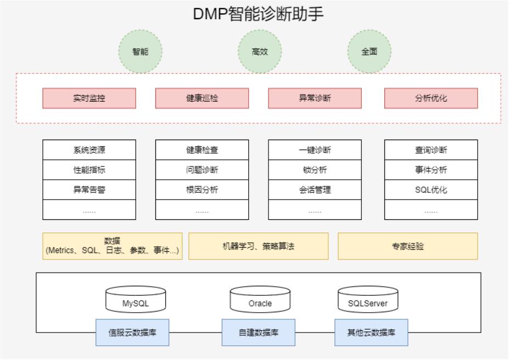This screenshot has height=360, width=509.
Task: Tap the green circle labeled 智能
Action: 141,52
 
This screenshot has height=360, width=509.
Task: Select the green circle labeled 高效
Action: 260,52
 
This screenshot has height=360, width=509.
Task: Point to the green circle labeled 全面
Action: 369,52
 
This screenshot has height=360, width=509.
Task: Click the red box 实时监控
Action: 89,98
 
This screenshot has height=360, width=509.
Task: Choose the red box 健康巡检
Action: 202,98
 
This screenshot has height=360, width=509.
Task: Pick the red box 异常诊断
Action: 315,98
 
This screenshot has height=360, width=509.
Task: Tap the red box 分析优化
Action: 431,98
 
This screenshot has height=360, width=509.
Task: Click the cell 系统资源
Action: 89,150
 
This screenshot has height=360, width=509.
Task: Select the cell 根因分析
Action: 202,190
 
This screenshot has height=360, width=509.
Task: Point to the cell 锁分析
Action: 315,170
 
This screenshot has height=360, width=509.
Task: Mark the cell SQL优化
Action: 431,190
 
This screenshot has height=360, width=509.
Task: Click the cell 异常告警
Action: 89,190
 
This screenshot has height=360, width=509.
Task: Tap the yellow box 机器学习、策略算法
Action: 258,246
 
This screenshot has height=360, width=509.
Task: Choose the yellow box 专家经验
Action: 407,246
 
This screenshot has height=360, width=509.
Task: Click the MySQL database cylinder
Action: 136,300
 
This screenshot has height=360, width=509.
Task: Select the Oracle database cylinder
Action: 260,300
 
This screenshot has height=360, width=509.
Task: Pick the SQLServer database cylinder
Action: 367,300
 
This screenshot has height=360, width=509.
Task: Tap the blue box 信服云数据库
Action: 132,333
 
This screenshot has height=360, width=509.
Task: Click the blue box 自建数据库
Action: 258,333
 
